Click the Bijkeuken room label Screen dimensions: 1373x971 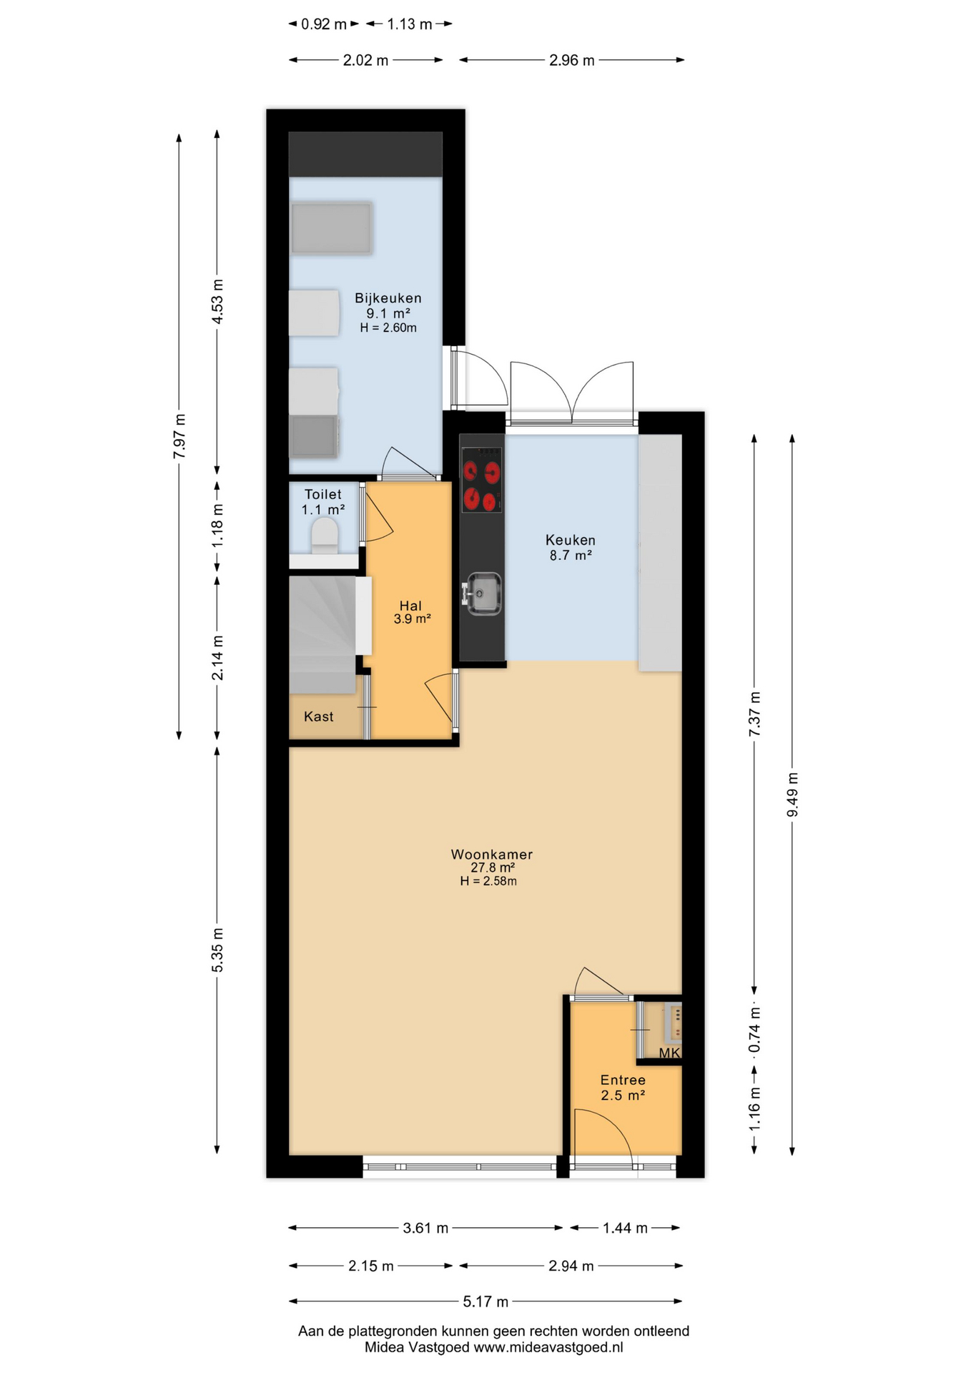pyautogui.click(x=388, y=298)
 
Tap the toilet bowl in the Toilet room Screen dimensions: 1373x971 pyautogui.click(x=325, y=535)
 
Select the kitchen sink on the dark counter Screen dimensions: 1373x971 pyautogui.click(x=484, y=593)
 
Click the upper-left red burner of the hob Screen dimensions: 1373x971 pyautogui.click(x=470, y=471)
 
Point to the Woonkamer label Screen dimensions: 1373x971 pyautogui.click(x=491, y=854)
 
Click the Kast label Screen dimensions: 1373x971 pyautogui.click(x=318, y=717)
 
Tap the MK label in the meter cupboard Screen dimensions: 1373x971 pyautogui.click(x=669, y=1053)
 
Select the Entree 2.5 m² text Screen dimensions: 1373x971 pyautogui.click(x=623, y=1088)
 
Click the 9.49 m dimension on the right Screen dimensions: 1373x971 pyautogui.click(x=792, y=794)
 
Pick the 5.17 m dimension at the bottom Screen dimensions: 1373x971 pyautogui.click(x=485, y=1301)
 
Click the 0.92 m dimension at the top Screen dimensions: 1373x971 pyautogui.click(x=323, y=24)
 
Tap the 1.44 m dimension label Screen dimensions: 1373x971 pyautogui.click(x=624, y=1228)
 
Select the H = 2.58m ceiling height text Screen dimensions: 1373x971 pyautogui.click(x=488, y=881)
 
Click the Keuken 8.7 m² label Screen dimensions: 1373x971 pyautogui.click(x=570, y=547)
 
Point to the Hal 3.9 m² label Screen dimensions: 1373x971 pyautogui.click(x=411, y=612)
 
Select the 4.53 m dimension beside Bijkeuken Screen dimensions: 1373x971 pyautogui.click(x=217, y=302)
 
